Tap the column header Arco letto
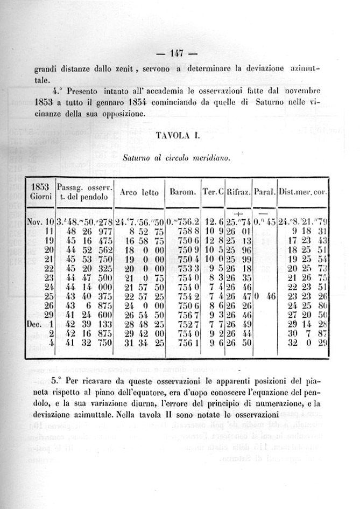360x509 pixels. [138, 192]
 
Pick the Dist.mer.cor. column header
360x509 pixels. [303, 192]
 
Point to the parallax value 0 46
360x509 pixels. [264, 296]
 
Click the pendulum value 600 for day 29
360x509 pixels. [102, 315]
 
